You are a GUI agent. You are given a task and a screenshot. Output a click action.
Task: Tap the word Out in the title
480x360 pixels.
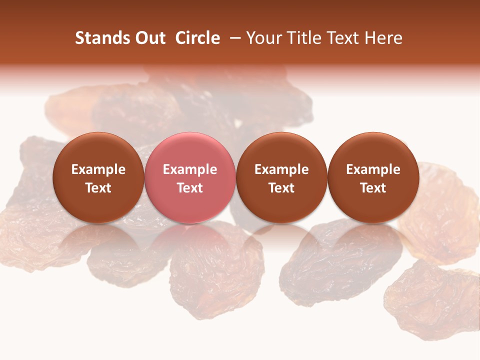pos(148,38)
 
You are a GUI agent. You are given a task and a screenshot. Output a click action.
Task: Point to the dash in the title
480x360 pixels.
pos(233,38)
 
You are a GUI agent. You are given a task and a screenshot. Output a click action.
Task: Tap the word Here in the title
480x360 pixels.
pos(382,38)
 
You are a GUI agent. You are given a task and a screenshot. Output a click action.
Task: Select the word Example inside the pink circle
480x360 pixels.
pos(190,169)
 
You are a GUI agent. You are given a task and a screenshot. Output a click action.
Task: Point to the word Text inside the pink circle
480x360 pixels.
pos(190,188)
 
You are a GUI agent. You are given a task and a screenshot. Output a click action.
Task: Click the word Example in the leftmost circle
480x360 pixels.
pos(98,169)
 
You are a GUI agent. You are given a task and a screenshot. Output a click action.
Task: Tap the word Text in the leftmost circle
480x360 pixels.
pos(98,188)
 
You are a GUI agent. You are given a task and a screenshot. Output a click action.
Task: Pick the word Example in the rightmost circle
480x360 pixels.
pos(373,169)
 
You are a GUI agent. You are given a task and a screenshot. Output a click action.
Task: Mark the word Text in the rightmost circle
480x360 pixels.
pos(373,188)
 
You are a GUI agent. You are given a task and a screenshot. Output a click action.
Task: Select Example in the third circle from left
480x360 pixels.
pos(281,169)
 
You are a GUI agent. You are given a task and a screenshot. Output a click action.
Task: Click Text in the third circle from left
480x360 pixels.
pos(281,188)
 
